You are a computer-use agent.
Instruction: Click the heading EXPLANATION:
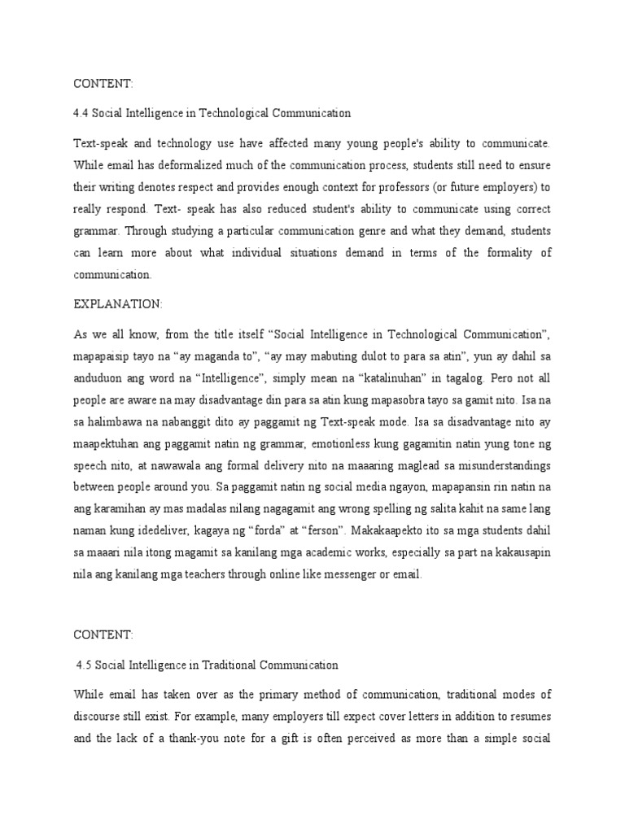pos(118,303)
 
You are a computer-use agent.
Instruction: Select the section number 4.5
pos(84,665)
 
